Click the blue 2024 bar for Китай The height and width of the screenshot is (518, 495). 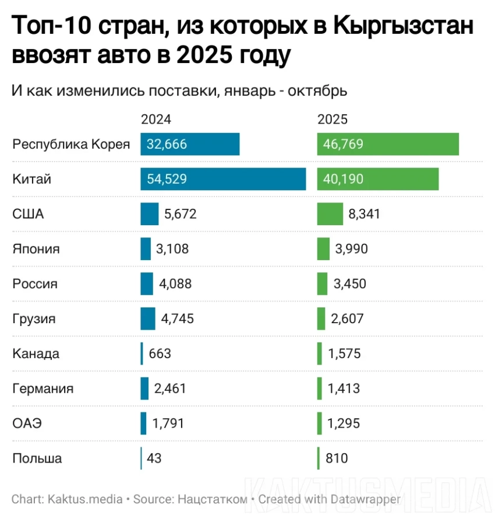(x=223, y=179)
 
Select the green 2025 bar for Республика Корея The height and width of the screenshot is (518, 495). (x=388, y=144)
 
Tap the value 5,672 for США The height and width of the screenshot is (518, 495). (x=181, y=214)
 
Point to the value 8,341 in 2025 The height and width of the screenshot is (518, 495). (x=364, y=214)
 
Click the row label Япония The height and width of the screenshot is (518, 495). (x=36, y=249)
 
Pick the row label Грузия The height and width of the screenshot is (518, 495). (x=34, y=318)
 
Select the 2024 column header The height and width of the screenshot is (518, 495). (x=155, y=120)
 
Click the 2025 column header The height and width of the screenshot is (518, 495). (x=333, y=120)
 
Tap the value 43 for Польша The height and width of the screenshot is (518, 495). (x=154, y=458)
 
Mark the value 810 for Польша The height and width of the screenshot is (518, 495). (x=337, y=458)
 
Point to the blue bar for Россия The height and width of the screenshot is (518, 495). (x=147, y=284)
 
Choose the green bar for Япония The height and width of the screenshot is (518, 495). (x=324, y=249)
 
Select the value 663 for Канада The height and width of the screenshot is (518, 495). (x=160, y=353)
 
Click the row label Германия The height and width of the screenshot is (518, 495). (x=43, y=388)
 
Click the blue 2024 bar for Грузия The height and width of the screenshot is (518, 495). (x=148, y=318)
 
